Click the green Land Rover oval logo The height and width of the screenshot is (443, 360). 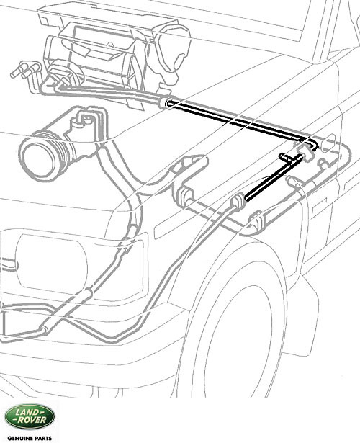point(30,418)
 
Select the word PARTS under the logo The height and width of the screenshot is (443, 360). point(42,438)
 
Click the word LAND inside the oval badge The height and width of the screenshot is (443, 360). point(27,413)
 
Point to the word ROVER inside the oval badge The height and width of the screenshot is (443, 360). point(32,420)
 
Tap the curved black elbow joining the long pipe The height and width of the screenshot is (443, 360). point(312,143)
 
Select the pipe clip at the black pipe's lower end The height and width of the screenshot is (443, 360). point(238,201)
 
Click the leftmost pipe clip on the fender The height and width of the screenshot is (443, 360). point(184,195)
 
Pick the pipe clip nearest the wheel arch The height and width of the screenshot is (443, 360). point(258,220)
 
